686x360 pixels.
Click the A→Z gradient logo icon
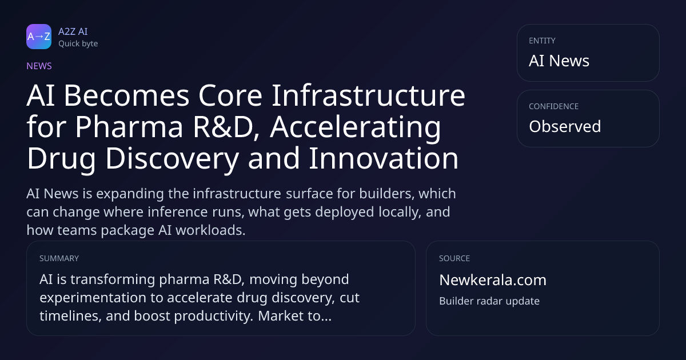(x=39, y=37)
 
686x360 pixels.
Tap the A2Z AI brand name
(x=73, y=31)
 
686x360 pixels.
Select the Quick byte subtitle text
(x=78, y=43)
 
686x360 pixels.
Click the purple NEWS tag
(x=39, y=66)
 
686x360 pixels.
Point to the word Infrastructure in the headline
(x=368, y=95)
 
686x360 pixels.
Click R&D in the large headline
(x=226, y=127)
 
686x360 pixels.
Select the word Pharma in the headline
(x=129, y=127)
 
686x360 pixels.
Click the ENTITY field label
(x=542, y=41)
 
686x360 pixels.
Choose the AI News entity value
(x=559, y=61)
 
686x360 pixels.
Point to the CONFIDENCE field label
(x=554, y=106)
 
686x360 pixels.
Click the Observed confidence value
(x=565, y=126)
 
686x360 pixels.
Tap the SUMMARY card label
(x=59, y=258)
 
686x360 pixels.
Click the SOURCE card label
(x=454, y=258)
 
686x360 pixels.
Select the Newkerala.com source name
(x=493, y=280)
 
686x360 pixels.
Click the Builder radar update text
(x=489, y=301)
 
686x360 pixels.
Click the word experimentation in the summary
(x=93, y=298)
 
